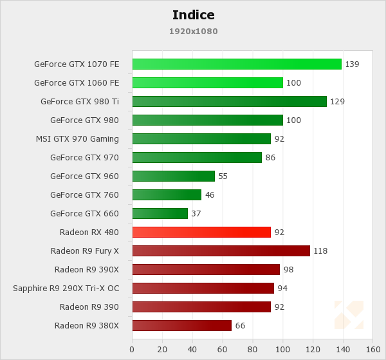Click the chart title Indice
[x=193, y=15]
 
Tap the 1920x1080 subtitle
[x=193, y=31]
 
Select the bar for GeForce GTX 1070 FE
[x=237, y=64]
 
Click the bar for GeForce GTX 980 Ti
[x=229, y=101]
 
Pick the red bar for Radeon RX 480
[x=201, y=232]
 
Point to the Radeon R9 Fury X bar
[x=221, y=251]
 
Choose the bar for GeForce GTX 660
[x=160, y=213]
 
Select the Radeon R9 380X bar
[x=181, y=325]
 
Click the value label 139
[x=352, y=64]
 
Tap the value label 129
[x=337, y=102]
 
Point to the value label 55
[x=223, y=176]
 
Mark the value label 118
[x=320, y=251]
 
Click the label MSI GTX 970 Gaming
[x=77, y=138]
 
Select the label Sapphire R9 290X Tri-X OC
[x=66, y=288]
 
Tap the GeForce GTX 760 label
[x=84, y=194]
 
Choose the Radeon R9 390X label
[x=86, y=269]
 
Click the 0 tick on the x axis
[x=132, y=350]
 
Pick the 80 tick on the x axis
[x=252, y=350]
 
